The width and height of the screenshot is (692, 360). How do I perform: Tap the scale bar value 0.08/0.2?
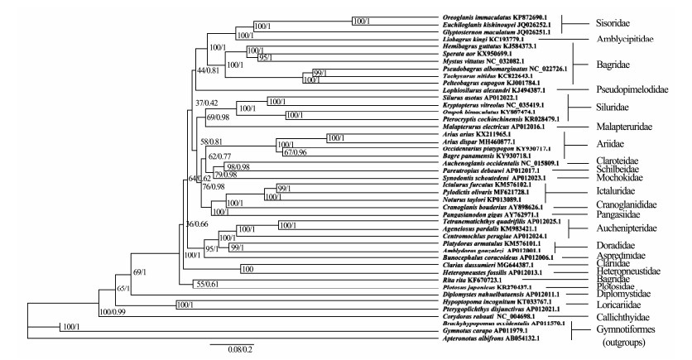(233, 349)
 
